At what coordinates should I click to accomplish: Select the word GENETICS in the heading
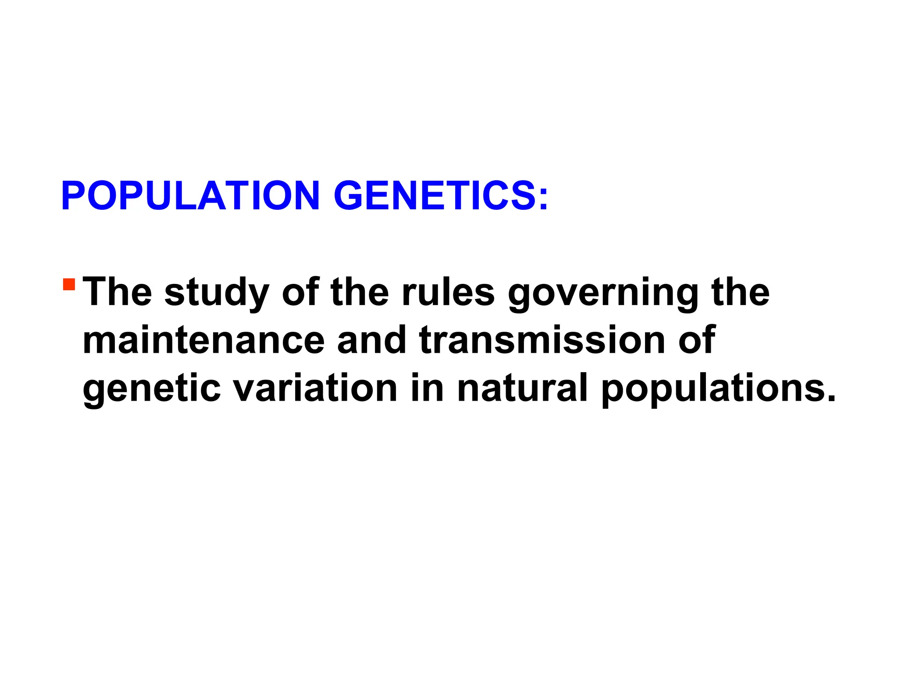pyautogui.click(x=434, y=196)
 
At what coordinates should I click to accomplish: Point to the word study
pyautogui.click(x=217, y=293)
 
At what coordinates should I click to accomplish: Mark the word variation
pyautogui.click(x=315, y=388)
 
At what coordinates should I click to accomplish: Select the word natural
pyautogui.click(x=522, y=388)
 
